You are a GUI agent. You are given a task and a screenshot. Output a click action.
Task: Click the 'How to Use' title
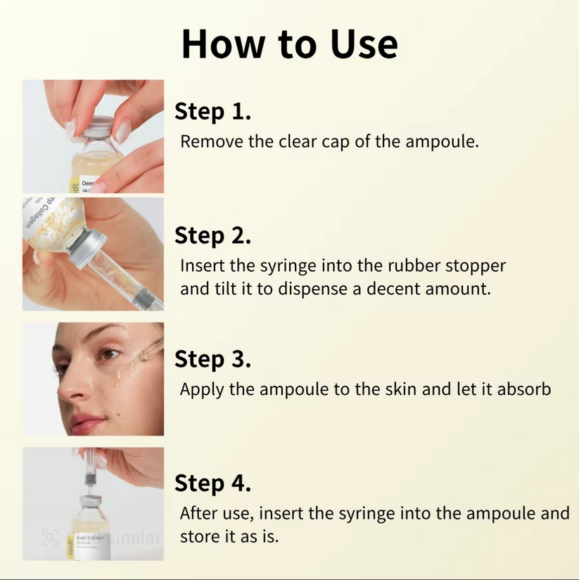(x=289, y=44)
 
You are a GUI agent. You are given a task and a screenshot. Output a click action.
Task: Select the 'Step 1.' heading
(x=212, y=111)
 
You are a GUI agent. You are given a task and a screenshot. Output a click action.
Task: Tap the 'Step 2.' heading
(x=212, y=235)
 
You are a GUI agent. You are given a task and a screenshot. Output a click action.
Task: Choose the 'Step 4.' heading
(x=212, y=483)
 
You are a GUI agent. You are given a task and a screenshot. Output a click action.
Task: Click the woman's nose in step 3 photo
(x=68, y=385)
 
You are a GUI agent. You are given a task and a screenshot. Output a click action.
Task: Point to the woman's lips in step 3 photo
(x=84, y=422)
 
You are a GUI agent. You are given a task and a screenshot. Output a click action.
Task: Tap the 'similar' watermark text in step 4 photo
(x=135, y=539)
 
